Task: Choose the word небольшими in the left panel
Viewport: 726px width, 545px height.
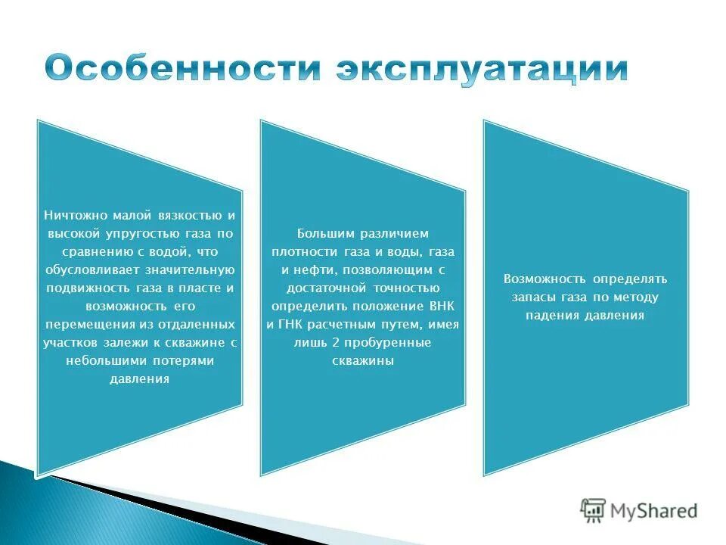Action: [x=102, y=361]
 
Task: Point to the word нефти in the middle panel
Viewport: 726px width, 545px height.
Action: [x=310, y=269]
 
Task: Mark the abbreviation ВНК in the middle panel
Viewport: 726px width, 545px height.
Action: [x=438, y=306]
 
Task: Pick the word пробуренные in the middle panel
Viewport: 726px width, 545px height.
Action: [x=381, y=343]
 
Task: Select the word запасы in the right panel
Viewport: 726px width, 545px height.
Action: [x=534, y=297]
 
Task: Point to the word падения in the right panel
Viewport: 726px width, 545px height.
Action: [x=553, y=315]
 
